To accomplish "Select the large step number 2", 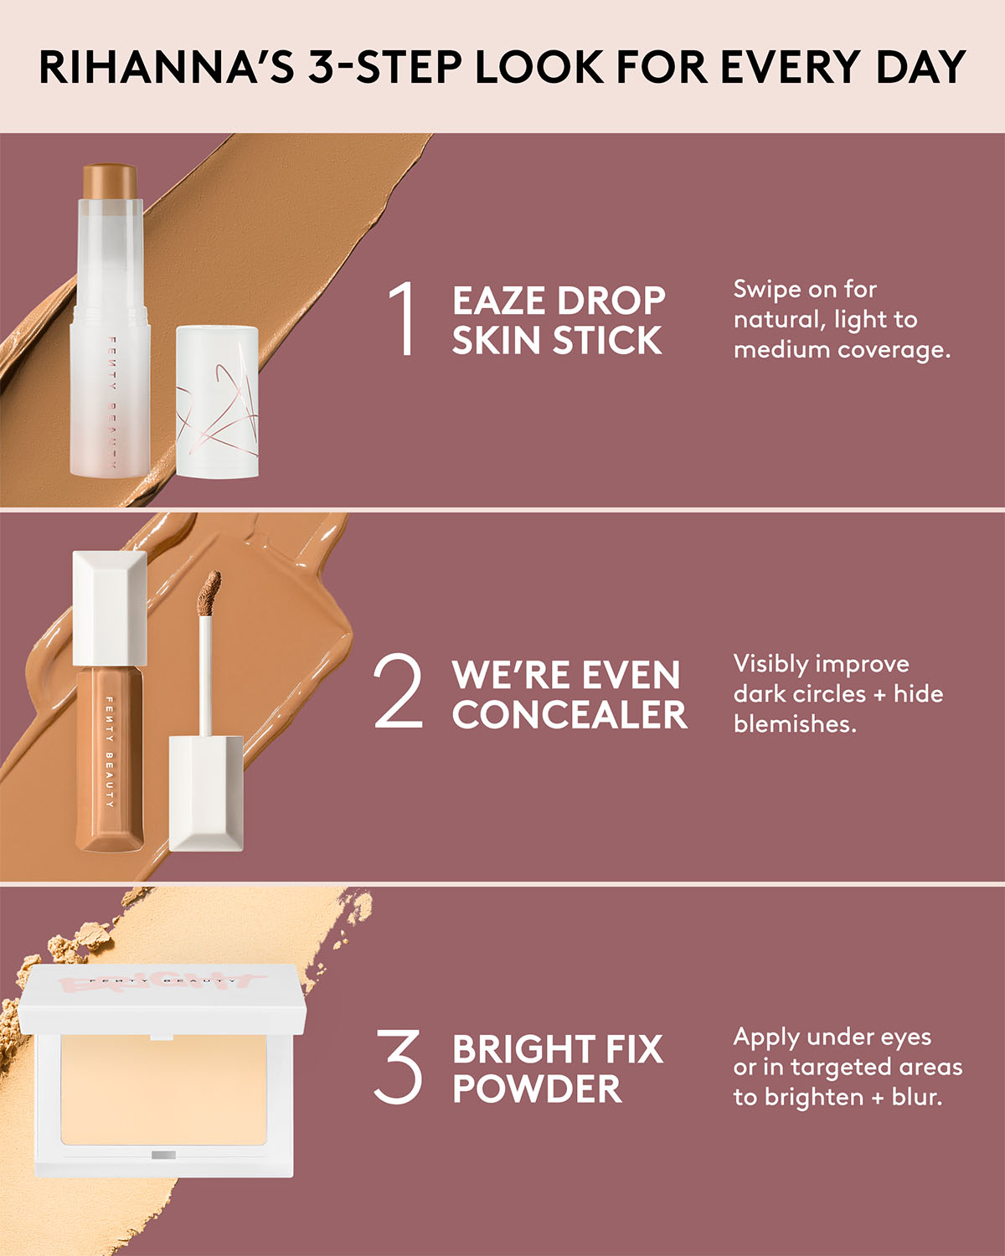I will click(398, 692).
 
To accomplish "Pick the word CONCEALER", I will click(569, 715).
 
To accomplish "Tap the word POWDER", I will click(537, 1089).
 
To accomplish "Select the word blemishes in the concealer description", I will click(794, 724).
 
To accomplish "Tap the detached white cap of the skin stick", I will click(217, 402).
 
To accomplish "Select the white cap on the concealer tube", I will click(110, 607).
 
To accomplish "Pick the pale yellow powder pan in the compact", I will click(164, 1089).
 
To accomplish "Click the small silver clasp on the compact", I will click(163, 1156).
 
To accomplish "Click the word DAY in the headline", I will click(920, 67).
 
